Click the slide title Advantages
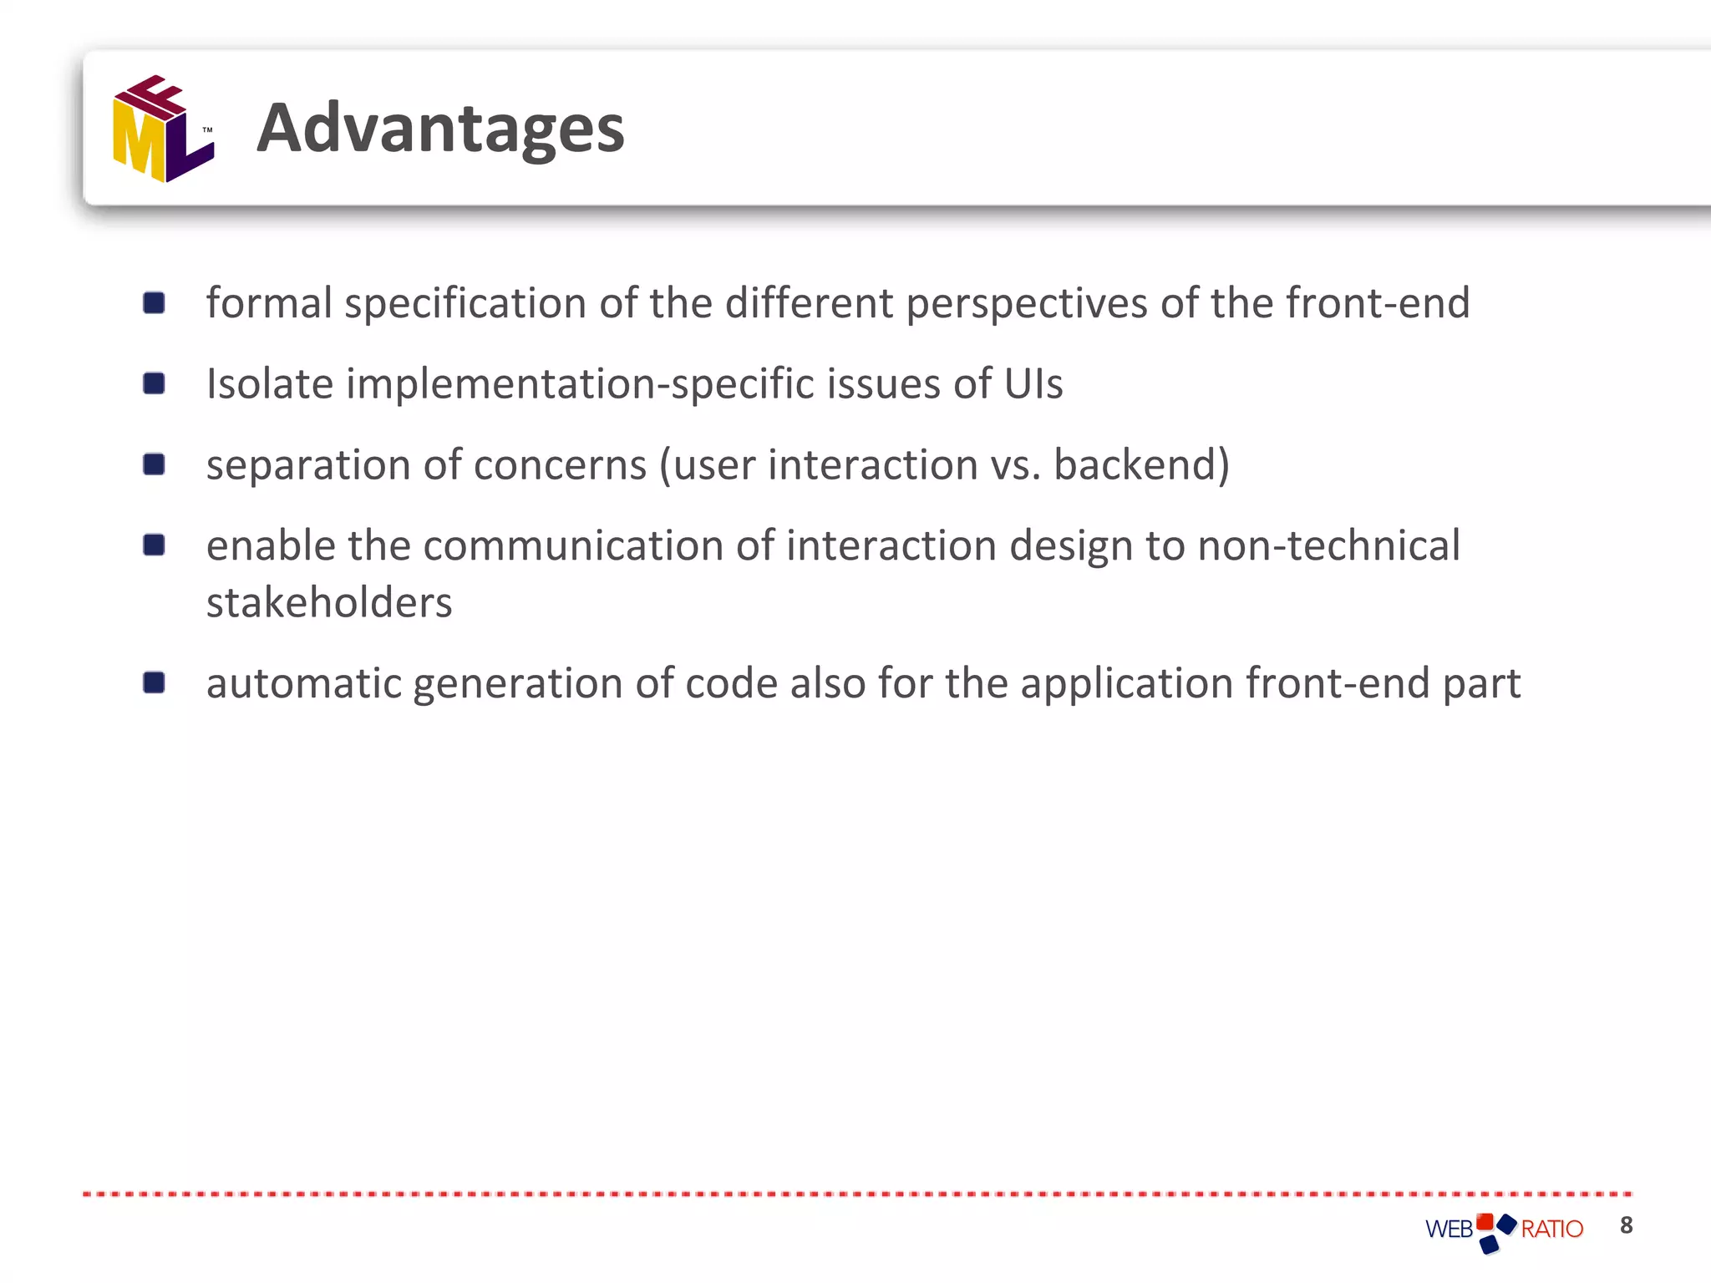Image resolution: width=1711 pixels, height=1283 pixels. (x=440, y=129)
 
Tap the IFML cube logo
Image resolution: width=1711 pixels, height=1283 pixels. (x=163, y=129)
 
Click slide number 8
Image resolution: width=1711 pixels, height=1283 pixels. (x=1626, y=1225)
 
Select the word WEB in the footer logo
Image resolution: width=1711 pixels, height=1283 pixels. (x=1449, y=1230)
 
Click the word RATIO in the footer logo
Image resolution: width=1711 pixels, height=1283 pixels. (x=1551, y=1230)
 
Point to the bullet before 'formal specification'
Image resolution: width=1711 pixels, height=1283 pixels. (x=154, y=302)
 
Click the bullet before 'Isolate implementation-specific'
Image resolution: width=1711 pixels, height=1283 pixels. (x=154, y=383)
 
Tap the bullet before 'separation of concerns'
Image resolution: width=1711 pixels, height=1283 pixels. (x=154, y=464)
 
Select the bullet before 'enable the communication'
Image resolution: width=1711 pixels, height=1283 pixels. (x=154, y=545)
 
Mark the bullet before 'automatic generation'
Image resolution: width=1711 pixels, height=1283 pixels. (x=154, y=683)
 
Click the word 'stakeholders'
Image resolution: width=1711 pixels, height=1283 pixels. (x=329, y=603)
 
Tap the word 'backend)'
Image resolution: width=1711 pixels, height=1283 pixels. (x=1141, y=465)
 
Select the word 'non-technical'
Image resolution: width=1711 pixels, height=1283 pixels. (x=1328, y=546)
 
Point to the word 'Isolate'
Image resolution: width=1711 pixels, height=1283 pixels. (x=270, y=384)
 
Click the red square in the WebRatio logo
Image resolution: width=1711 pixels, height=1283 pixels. (x=1485, y=1221)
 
